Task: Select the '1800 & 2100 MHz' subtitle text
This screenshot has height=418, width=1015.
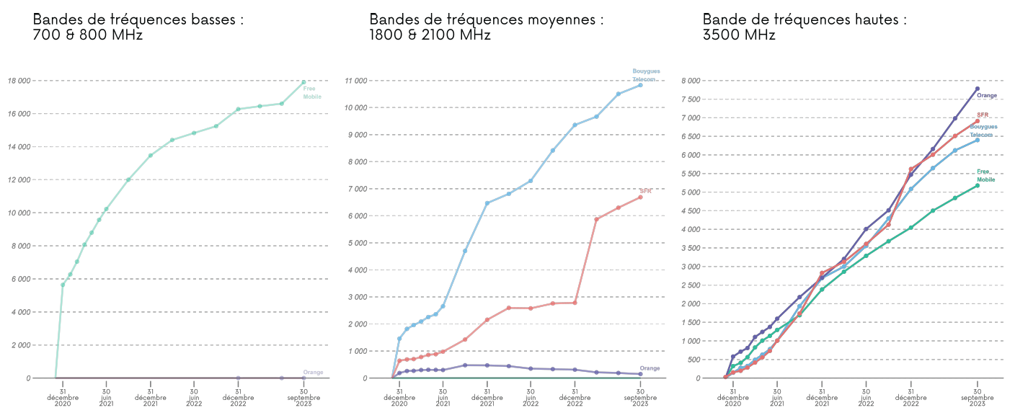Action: (430, 35)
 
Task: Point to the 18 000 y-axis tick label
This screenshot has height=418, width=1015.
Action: (19, 81)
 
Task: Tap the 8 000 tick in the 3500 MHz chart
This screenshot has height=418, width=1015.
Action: (690, 81)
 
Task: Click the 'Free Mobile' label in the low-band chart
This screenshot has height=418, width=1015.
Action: (312, 93)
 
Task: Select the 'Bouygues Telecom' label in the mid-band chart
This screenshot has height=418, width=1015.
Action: (646, 75)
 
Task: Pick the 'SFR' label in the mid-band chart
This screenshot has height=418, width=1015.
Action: (645, 191)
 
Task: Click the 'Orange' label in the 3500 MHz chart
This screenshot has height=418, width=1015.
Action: (987, 95)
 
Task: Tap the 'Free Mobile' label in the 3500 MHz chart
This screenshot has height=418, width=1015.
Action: (985, 176)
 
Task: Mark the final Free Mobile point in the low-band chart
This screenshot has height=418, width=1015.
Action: (303, 82)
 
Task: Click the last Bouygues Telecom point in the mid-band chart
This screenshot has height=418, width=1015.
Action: (640, 85)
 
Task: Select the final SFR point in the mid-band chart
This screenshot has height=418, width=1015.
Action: (640, 197)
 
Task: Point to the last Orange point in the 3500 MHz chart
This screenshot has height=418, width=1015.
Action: (978, 89)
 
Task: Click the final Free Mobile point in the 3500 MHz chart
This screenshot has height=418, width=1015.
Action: (978, 185)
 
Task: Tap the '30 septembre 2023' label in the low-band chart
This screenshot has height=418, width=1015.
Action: (303, 397)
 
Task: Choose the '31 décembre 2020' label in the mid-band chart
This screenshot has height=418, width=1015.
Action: (399, 397)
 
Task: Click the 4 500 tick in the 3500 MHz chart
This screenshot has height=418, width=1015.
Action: (690, 211)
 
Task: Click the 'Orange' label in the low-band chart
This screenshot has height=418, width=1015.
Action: (313, 373)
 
